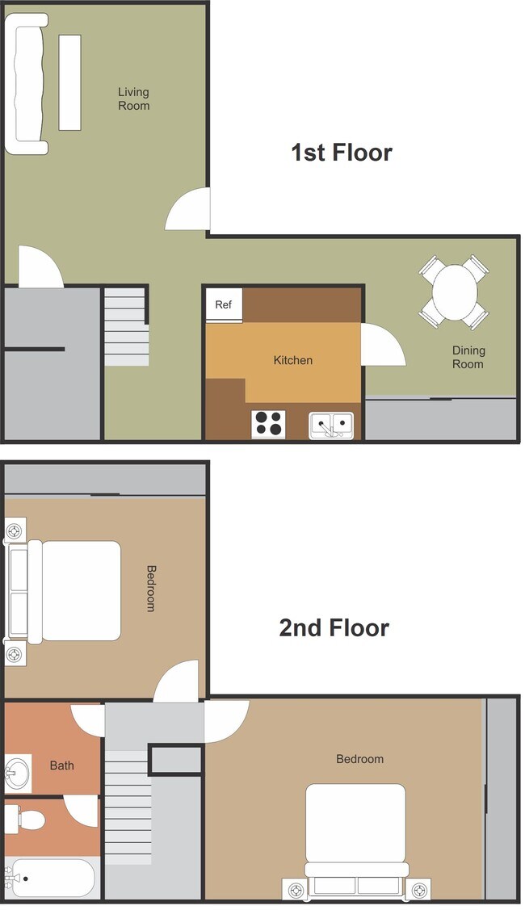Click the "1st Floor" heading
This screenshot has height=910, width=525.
point(341,153)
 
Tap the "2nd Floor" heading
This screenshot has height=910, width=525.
point(334,627)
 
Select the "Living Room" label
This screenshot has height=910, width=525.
point(133,99)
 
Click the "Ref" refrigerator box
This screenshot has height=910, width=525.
point(224,305)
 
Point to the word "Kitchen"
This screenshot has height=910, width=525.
point(292,360)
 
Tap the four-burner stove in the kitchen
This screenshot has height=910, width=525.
point(269,424)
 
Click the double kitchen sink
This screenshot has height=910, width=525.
point(331,425)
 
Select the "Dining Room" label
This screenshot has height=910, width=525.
point(468,357)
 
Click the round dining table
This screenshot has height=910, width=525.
point(455,291)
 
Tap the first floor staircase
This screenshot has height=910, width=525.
point(126,327)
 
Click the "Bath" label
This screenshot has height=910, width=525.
point(62,765)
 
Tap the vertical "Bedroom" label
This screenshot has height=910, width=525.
point(150,588)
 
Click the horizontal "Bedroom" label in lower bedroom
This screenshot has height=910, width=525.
point(359,759)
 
